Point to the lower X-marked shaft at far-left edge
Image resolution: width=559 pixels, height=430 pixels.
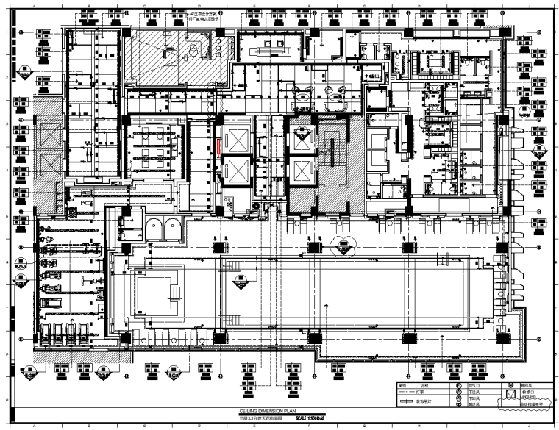coord(51,190)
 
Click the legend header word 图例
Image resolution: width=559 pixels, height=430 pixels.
coord(402,385)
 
